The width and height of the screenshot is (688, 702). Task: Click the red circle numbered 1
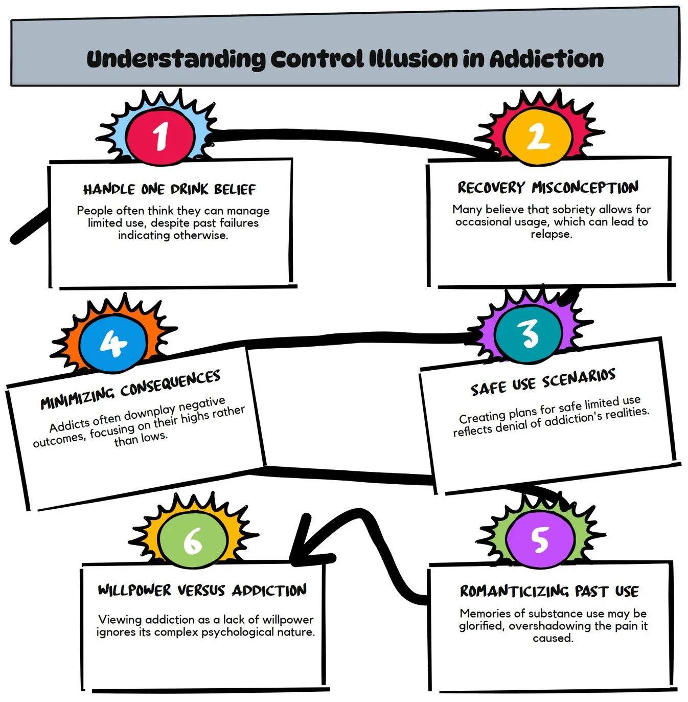tap(161, 136)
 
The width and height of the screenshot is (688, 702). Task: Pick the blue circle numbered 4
tap(112, 343)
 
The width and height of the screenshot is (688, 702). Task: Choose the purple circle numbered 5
tap(540, 539)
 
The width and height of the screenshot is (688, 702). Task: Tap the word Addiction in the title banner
tap(546, 59)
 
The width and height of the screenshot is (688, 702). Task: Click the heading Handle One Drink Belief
tap(170, 190)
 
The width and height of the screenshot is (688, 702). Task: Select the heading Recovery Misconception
tap(548, 188)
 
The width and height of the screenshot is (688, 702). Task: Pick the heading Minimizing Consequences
tap(130, 390)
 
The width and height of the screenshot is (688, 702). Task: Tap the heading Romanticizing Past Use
tap(549, 592)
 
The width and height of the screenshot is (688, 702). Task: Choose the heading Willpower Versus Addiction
tap(202, 591)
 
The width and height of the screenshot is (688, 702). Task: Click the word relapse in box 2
tap(551, 234)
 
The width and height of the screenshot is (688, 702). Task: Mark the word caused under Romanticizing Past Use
tap(553, 638)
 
